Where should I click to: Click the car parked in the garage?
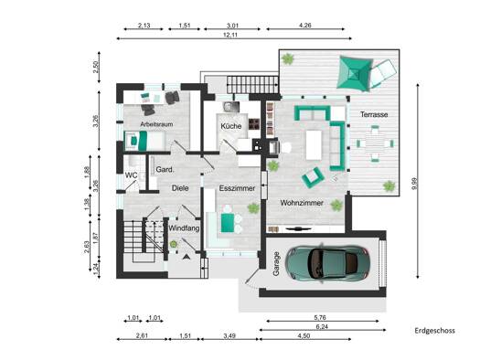(x=327, y=263)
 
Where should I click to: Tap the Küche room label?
(x=231, y=126)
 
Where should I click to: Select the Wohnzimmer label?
(x=302, y=203)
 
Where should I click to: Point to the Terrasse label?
(x=374, y=114)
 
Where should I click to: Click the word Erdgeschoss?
(x=434, y=331)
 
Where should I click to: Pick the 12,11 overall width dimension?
(x=230, y=35)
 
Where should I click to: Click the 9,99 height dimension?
(x=414, y=184)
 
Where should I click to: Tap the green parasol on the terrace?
(x=355, y=73)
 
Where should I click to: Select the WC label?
(x=131, y=175)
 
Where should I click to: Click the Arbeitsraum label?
(x=156, y=124)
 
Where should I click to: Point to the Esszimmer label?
(x=237, y=188)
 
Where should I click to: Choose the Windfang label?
(x=184, y=228)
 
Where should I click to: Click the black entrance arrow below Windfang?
(x=187, y=258)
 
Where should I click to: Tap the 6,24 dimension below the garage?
(x=322, y=327)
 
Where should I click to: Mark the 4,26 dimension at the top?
(x=304, y=25)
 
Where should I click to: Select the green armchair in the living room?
(x=313, y=177)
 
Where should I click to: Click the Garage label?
(x=276, y=264)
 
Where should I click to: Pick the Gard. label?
(x=165, y=169)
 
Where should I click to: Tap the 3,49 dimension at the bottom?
(x=229, y=336)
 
